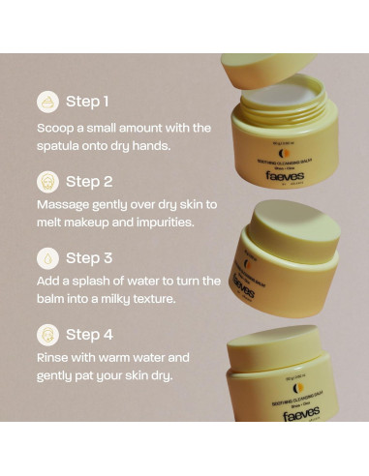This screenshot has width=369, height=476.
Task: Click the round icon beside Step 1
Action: pos(46,101)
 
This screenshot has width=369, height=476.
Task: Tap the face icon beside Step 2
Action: pos(46,181)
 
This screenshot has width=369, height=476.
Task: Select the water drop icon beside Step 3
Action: pos(46,258)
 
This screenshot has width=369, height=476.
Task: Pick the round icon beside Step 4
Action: pos(46,335)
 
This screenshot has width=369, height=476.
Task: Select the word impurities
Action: pos(170,223)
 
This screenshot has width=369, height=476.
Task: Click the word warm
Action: pos(130,357)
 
